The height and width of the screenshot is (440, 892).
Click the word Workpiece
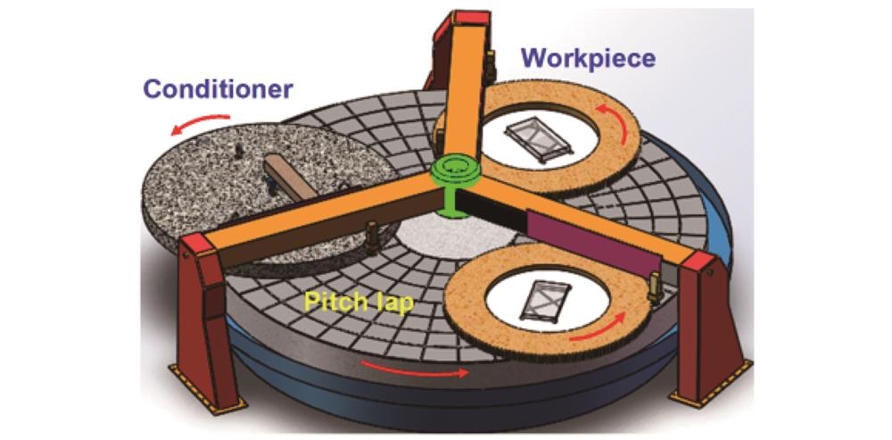tap(589, 58)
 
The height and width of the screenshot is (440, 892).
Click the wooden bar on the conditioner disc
tap(288, 177)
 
